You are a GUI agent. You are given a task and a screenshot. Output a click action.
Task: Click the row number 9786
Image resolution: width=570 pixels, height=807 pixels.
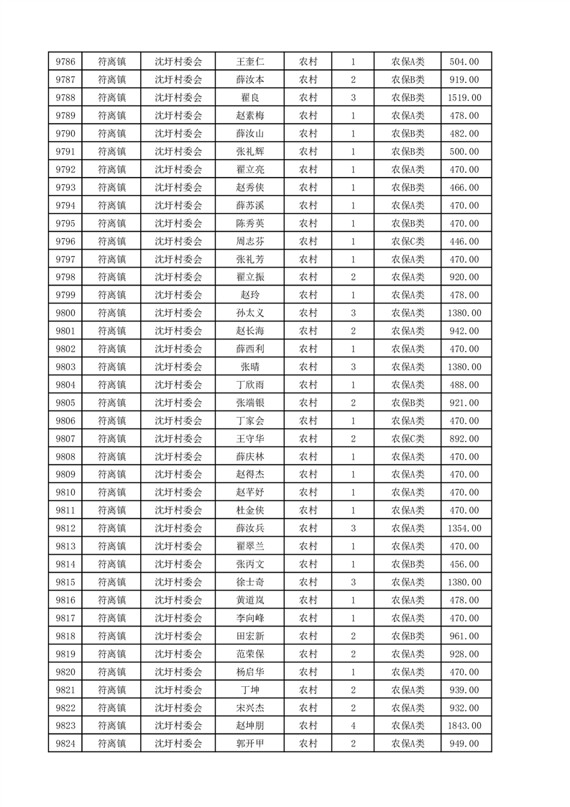(x=65, y=62)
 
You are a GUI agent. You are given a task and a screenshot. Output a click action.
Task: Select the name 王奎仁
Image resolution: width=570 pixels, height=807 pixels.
(x=249, y=62)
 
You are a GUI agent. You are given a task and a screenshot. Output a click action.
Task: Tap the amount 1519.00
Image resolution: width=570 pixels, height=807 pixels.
(x=464, y=98)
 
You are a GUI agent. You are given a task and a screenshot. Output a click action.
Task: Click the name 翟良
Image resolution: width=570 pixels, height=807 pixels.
(x=249, y=98)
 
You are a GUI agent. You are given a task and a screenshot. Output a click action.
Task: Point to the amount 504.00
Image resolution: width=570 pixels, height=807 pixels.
(x=464, y=62)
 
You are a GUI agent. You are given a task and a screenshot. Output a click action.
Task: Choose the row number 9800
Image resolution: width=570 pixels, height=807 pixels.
(x=65, y=313)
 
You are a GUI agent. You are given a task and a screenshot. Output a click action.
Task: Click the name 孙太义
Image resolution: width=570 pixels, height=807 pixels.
(x=249, y=313)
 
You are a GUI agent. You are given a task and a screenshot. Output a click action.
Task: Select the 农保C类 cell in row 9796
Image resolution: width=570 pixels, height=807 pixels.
(x=408, y=241)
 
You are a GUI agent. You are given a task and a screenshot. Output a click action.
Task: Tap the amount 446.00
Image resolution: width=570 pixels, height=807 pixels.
(x=464, y=241)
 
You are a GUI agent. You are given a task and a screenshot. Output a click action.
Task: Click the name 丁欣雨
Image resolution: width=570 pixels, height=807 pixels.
(x=249, y=385)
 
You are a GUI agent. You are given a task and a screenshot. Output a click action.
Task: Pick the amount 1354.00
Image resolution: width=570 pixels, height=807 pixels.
(x=464, y=528)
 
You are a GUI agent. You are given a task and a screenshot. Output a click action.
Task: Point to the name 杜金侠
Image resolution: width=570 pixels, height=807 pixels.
(x=249, y=510)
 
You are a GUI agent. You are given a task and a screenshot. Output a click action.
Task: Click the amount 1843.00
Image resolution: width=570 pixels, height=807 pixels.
(x=464, y=726)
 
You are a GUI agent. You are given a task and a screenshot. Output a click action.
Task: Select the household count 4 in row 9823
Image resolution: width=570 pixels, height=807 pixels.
(x=353, y=726)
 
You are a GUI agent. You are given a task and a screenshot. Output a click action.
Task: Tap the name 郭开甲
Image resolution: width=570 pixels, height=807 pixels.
(x=249, y=744)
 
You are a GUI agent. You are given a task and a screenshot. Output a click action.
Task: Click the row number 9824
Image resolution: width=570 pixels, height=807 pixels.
(x=65, y=744)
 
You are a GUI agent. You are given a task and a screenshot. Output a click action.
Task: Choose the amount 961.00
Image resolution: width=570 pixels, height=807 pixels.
(x=464, y=636)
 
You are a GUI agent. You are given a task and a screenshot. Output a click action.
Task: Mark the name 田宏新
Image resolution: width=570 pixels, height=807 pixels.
(x=249, y=636)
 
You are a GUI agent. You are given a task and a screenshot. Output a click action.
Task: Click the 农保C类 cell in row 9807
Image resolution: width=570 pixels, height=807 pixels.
(x=408, y=439)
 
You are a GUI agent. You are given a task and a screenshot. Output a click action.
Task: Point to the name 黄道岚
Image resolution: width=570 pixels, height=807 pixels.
(x=249, y=600)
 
